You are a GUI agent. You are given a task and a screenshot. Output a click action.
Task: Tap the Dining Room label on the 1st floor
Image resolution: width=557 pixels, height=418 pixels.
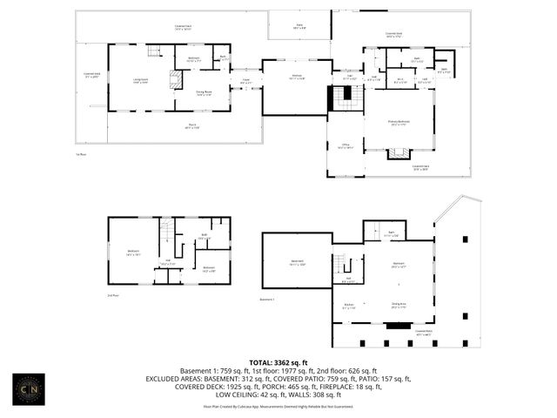[x=204, y=92]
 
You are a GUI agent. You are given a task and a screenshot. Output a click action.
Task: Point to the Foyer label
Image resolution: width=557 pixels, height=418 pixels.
[x=246, y=82]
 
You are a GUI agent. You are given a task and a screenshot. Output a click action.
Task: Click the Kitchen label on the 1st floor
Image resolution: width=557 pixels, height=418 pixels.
[x=296, y=77]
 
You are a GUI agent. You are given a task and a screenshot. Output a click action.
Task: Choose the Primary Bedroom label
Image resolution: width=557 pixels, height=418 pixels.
[x=399, y=123]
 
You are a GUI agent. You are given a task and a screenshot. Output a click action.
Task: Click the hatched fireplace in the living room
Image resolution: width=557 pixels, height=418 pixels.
[x=175, y=81]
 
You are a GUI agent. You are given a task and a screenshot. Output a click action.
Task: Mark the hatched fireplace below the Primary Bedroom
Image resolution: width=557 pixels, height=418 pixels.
[x=399, y=153]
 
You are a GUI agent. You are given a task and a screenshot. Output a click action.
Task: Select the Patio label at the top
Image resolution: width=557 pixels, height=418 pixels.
[x=299, y=25]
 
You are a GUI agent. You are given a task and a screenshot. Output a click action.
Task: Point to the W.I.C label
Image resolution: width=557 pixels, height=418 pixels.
[x=399, y=80]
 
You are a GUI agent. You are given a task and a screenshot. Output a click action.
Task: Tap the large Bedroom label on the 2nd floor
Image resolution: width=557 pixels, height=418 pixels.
[x=133, y=253]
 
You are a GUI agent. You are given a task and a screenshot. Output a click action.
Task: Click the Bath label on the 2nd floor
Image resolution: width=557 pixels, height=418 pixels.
[x=204, y=236]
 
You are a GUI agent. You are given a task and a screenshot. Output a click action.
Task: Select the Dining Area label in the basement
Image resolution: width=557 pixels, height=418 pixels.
[x=398, y=305]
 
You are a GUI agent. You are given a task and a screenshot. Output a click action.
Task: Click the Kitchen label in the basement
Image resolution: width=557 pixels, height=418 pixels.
[x=348, y=306]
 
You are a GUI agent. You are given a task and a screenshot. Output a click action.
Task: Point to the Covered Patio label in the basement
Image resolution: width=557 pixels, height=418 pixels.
[x=425, y=332]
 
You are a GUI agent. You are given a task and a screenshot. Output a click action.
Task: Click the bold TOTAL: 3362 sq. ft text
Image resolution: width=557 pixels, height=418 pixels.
[x=278, y=361]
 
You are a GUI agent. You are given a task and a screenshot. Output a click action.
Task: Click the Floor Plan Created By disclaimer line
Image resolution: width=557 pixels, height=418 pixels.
[x=278, y=406]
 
